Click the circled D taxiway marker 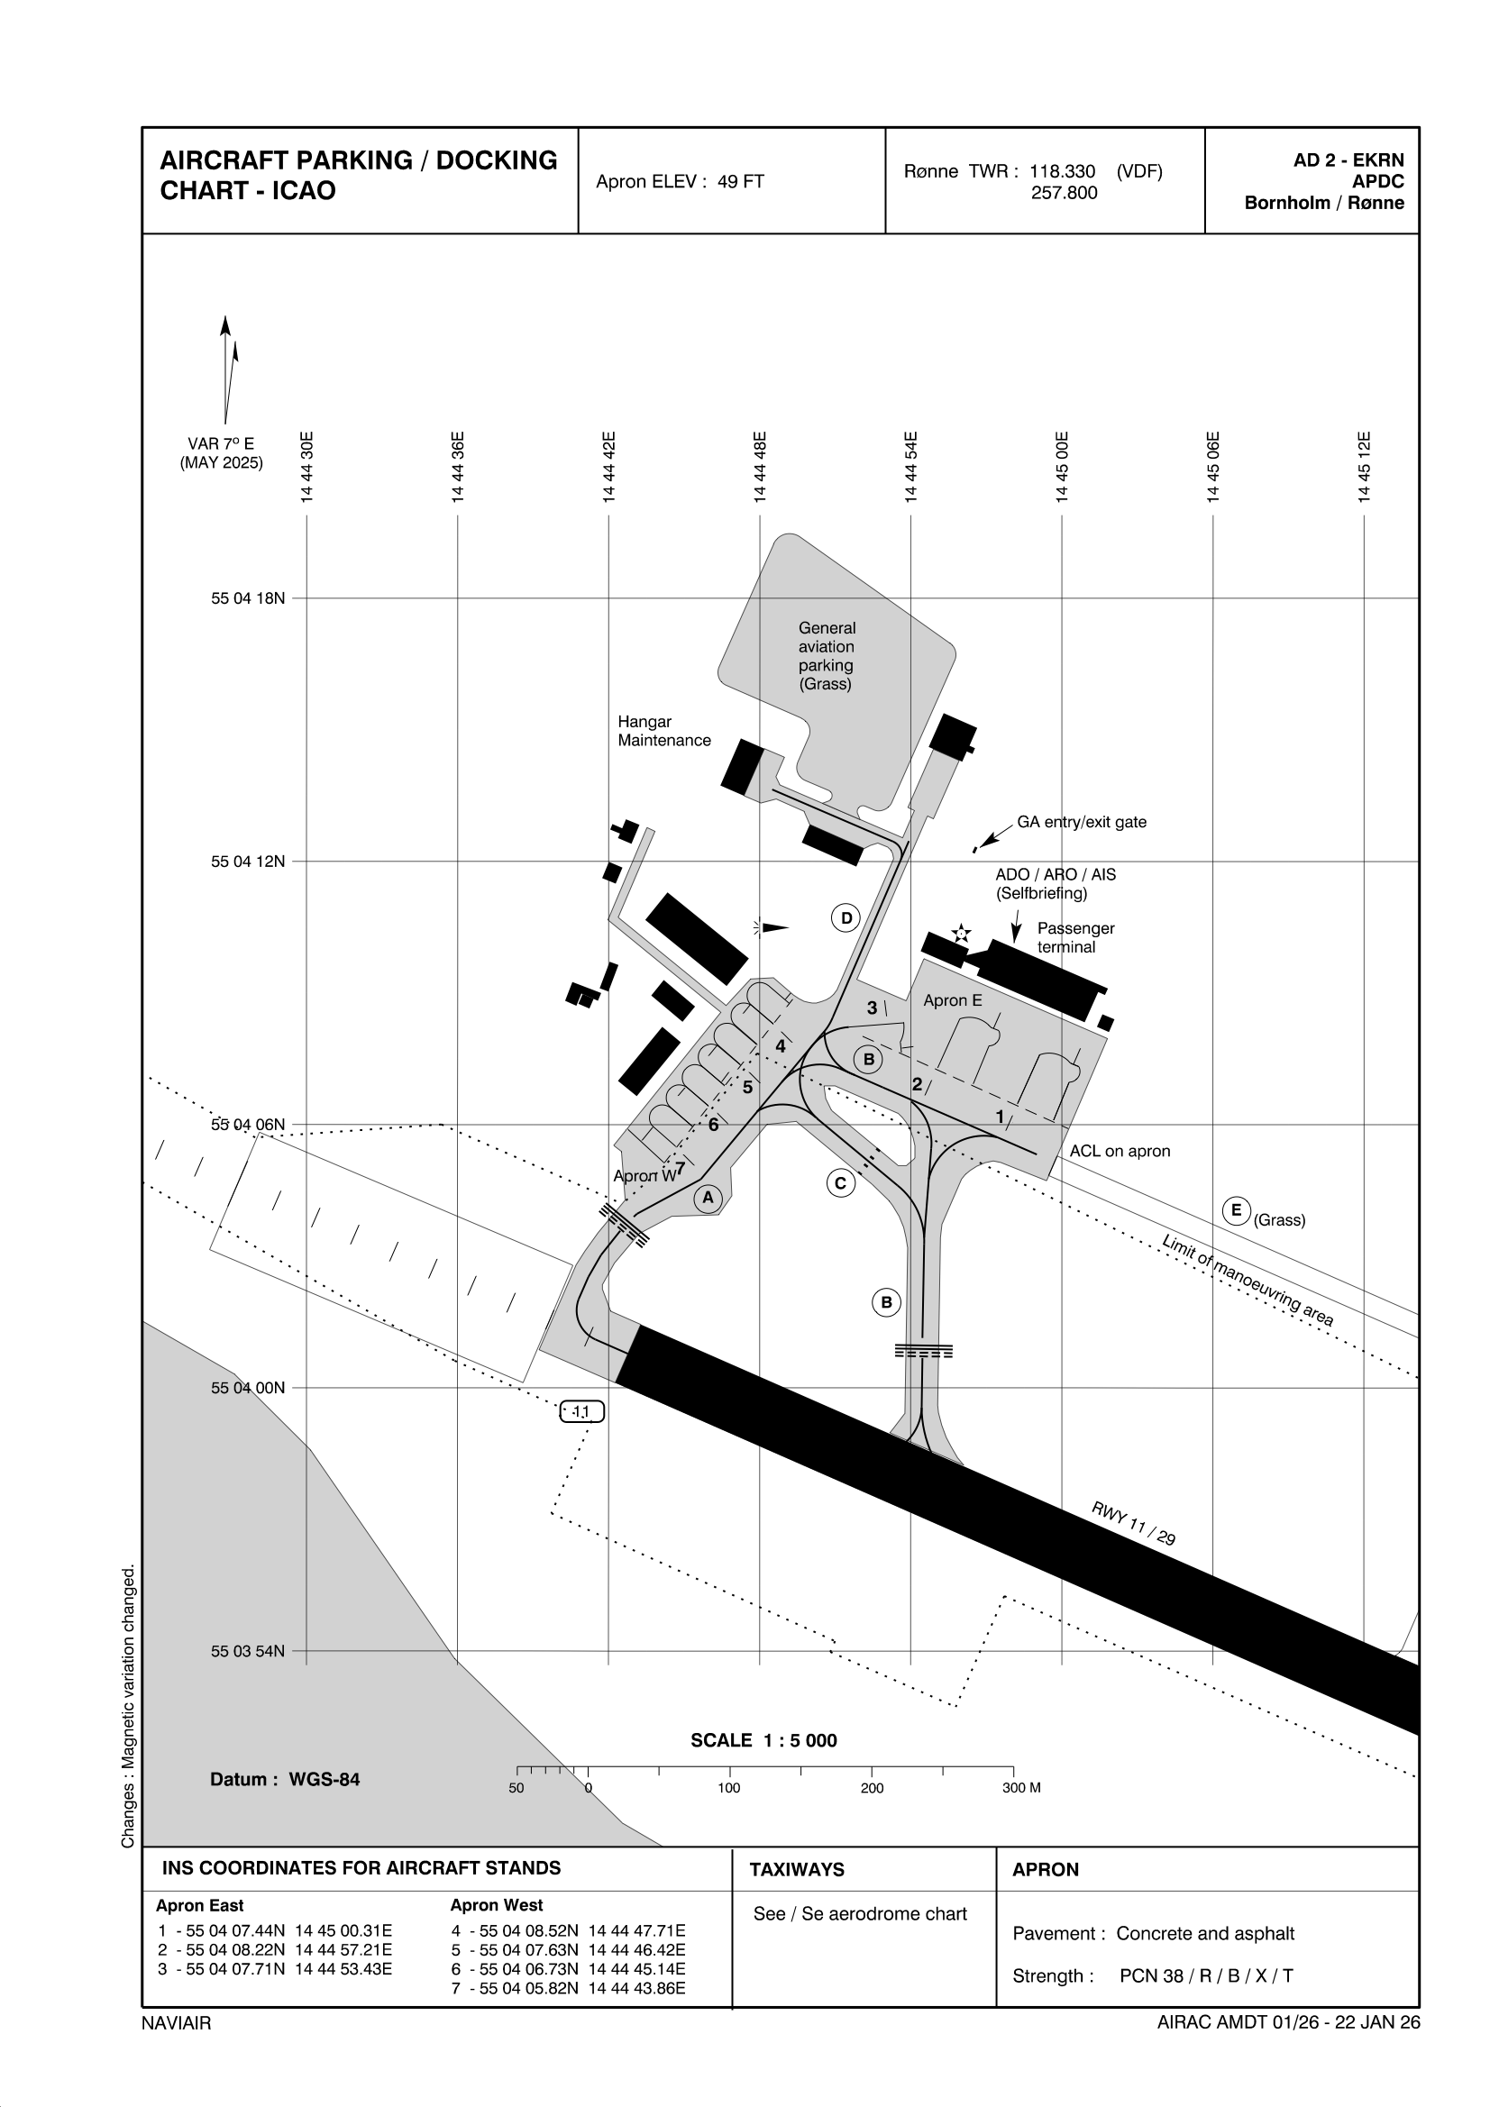[846, 917]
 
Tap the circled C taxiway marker [840, 1184]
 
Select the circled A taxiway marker [707, 1198]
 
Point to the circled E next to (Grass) [1236, 1210]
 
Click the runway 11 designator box [582, 1412]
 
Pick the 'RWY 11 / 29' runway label [1133, 1523]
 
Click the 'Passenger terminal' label [1075, 938]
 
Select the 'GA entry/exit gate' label [1081, 822]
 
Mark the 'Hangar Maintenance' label [663, 732]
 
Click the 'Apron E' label [952, 1000]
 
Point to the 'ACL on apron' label [1120, 1151]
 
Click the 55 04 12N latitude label [248, 861]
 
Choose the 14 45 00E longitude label [1062, 466]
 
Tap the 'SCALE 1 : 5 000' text [763, 1741]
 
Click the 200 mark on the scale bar [872, 1788]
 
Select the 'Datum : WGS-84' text [285, 1779]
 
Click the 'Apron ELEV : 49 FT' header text [680, 182]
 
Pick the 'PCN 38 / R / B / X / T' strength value [1205, 1975]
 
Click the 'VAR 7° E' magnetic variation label [221, 444]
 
